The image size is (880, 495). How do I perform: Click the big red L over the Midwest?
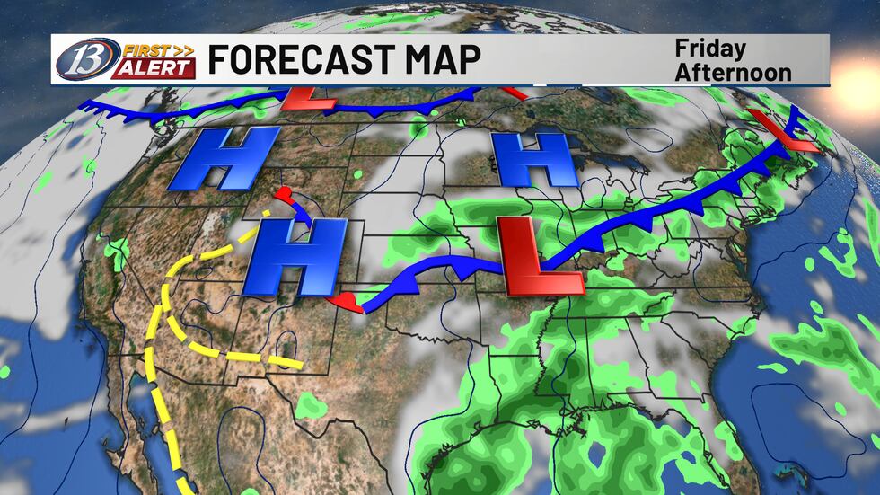(539, 259)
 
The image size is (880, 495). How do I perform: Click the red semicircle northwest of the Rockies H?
(286, 195)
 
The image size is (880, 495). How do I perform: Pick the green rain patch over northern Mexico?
(312, 406)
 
